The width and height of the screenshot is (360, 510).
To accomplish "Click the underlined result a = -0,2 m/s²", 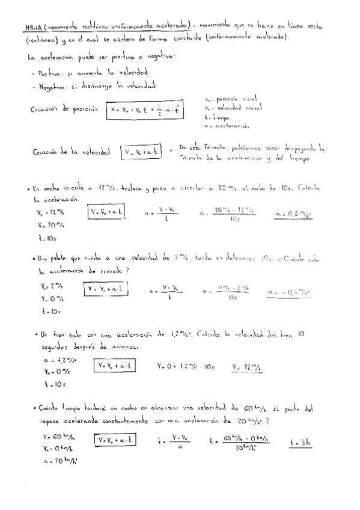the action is pos(291,292).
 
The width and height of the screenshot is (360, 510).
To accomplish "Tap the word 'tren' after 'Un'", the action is pos(58,334).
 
